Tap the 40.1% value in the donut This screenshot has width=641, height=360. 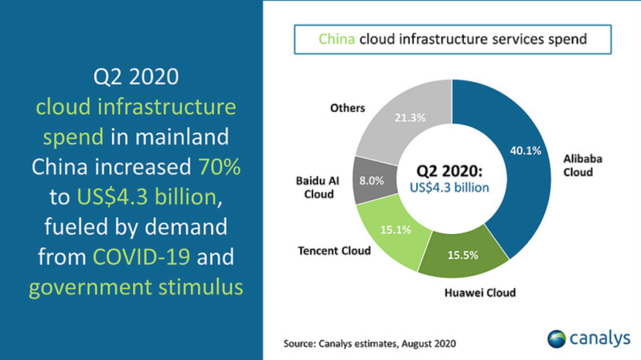point(525,151)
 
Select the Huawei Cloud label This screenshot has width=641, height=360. point(480,292)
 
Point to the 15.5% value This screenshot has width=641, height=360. point(462,256)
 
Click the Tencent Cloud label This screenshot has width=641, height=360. point(334,250)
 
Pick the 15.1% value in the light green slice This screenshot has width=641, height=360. point(395,230)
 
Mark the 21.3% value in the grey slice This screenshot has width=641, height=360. point(410,117)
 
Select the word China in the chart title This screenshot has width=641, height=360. point(337,39)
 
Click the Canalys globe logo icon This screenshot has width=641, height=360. point(557,339)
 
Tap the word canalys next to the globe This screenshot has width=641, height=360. point(600,338)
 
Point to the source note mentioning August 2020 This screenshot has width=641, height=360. point(370,343)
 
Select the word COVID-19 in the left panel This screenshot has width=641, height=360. point(141,257)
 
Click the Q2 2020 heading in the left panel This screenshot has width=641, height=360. point(136,77)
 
